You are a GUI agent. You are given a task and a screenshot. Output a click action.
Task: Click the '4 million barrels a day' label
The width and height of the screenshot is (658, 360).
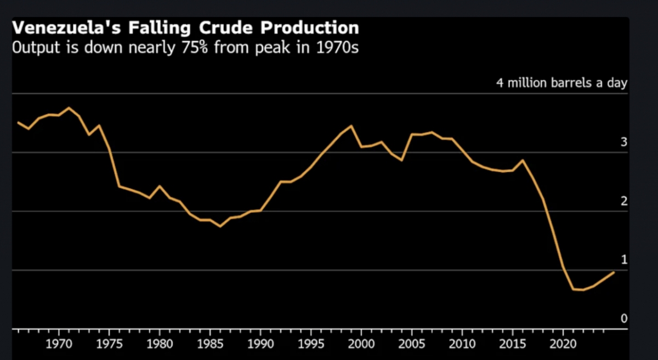tap(561, 84)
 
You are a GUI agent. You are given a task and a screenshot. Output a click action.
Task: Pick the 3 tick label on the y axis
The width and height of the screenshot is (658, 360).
tap(623, 142)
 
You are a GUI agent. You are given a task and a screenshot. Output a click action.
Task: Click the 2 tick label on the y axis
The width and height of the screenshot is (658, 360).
tap(623, 201)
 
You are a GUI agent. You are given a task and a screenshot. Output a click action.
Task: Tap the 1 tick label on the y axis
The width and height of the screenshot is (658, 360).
tap(623, 260)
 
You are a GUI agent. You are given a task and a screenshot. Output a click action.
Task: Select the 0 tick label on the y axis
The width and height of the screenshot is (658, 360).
tap(623, 318)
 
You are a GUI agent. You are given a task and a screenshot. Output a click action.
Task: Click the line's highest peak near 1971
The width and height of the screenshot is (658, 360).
tap(69, 107)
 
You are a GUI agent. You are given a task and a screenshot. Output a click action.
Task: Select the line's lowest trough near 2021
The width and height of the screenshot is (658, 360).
tap(573, 289)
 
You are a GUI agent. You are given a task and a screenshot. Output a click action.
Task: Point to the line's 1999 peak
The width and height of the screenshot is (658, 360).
tap(351, 125)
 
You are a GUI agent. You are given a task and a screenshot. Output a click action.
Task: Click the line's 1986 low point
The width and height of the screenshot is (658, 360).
tap(220, 226)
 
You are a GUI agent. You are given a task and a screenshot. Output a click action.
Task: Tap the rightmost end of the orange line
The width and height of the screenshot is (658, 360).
tap(614, 272)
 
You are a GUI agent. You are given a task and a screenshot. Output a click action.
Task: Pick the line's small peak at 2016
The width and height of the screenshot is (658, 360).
tap(523, 160)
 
